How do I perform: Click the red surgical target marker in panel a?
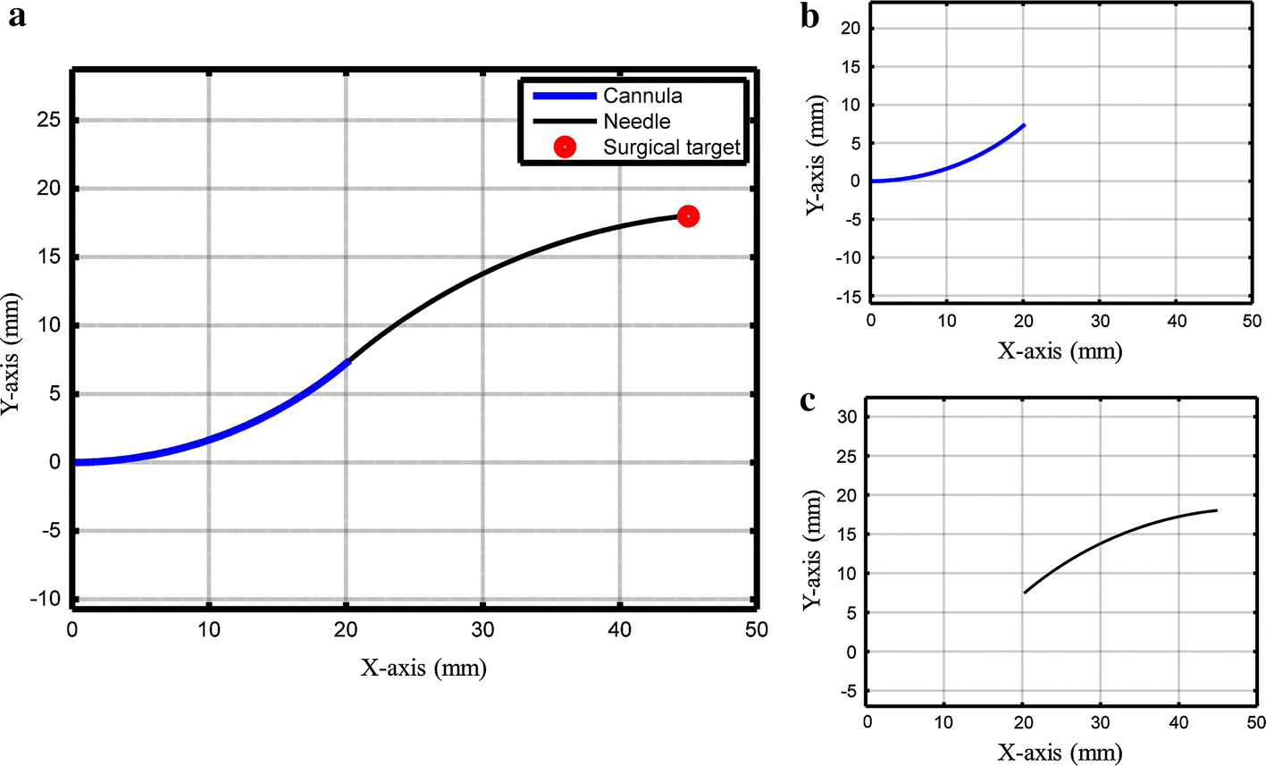pos(688,216)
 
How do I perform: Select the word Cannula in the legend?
pos(642,96)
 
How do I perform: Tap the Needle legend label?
pos(636,121)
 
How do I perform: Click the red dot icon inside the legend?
pos(564,147)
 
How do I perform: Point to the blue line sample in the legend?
pos(564,96)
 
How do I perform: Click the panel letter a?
pos(16,17)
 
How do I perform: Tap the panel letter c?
pos(808,400)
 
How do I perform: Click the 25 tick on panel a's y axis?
pos(50,120)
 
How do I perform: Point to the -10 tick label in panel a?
pos(46,599)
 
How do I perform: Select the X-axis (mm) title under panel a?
pos(423,668)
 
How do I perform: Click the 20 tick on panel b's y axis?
pos(852,29)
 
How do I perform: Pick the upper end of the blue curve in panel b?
pos(1025,125)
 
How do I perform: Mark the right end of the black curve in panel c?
pos(1217,510)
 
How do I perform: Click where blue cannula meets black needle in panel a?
pos(348,360)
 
